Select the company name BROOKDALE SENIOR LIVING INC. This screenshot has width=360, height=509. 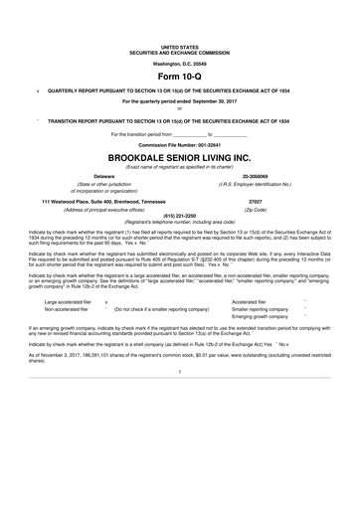coord(180,158)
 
